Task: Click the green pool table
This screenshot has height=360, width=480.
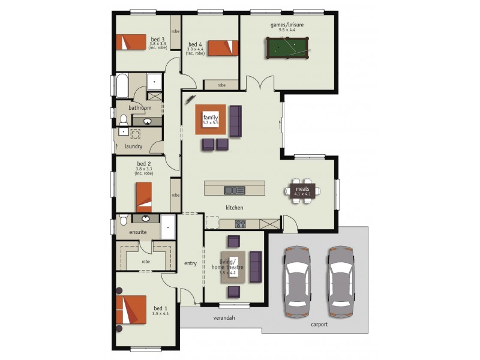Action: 286,47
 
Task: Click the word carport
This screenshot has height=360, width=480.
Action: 319,325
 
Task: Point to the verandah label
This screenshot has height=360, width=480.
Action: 224,317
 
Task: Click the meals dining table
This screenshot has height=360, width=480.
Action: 302,191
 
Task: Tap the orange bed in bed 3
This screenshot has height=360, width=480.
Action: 131,42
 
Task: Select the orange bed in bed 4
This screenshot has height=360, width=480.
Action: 223,47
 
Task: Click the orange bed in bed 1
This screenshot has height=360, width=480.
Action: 131,311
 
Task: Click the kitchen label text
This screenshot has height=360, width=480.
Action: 233,208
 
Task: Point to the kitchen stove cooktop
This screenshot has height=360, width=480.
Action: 240,224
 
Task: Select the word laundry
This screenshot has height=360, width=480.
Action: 133,146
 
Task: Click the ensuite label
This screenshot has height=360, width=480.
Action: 139,232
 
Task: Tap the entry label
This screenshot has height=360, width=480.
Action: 190,263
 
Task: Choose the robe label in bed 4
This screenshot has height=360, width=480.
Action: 221,85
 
